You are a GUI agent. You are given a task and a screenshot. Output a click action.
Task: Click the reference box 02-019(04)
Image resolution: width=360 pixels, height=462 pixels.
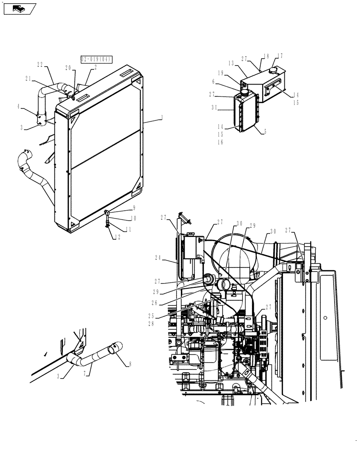[96, 59]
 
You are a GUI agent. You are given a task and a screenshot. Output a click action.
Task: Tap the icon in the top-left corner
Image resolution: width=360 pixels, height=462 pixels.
[19, 8]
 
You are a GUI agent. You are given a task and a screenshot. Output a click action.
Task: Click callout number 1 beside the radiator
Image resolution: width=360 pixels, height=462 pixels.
[162, 119]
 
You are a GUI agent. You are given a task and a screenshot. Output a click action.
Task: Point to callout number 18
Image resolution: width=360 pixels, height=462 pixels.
[266, 56]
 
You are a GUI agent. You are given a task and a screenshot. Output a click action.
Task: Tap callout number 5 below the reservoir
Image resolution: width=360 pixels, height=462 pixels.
[265, 131]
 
